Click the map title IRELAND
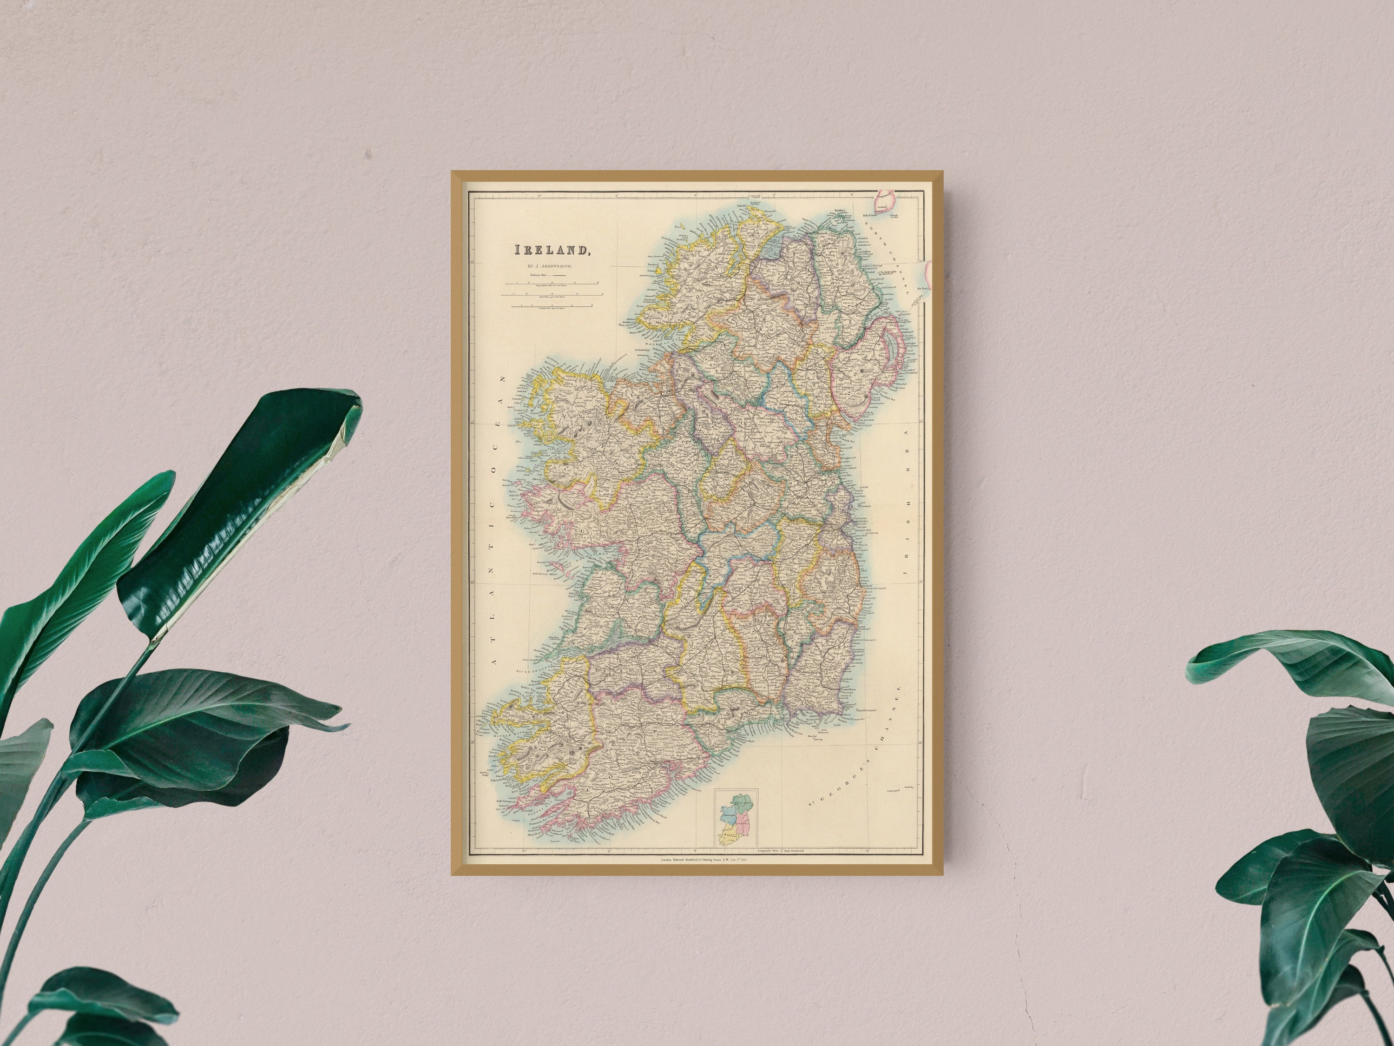(x=552, y=250)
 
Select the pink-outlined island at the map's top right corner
(x=886, y=202)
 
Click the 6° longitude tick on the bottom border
(x=868, y=851)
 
